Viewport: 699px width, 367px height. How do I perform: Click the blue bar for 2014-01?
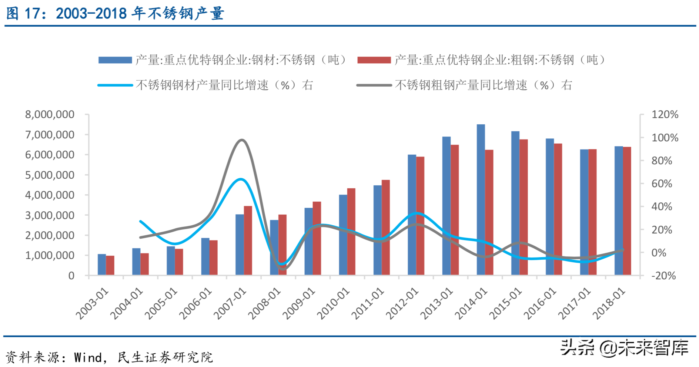pyautogui.click(x=481, y=200)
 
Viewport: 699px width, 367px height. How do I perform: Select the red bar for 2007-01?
pyautogui.click(x=248, y=240)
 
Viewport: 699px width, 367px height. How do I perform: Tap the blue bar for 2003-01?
pyautogui.click(x=101, y=265)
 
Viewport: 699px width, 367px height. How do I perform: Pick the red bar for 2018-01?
pyautogui.click(x=627, y=211)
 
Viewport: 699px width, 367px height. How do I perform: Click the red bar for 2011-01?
pyautogui.click(x=385, y=228)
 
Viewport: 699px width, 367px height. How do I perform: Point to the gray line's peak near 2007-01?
pyautogui.click(x=242, y=140)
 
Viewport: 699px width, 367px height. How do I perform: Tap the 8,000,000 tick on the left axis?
pyautogui.click(x=50, y=115)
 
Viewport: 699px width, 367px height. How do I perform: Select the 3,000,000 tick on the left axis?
pyautogui.click(x=50, y=215)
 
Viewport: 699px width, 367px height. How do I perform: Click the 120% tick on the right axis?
pyautogui.click(x=665, y=115)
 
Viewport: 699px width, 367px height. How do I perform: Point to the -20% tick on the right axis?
pyautogui.click(x=663, y=276)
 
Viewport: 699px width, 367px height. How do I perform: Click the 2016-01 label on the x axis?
pyautogui.click(x=540, y=303)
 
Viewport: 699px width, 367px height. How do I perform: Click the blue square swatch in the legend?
pyautogui.click(x=115, y=60)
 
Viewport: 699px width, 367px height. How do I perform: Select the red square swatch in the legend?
pyautogui.click(x=374, y=60)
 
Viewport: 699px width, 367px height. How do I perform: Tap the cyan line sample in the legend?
pyautogui.click(x=115, y=85)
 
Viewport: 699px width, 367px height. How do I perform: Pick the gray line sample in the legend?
pyautogui.click(x=374, y=85)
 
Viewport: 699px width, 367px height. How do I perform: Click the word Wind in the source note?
pyautogui.click(x=88, y=357)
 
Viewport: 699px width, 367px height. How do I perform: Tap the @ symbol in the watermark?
pyautogui.click(x=608, y=348)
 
